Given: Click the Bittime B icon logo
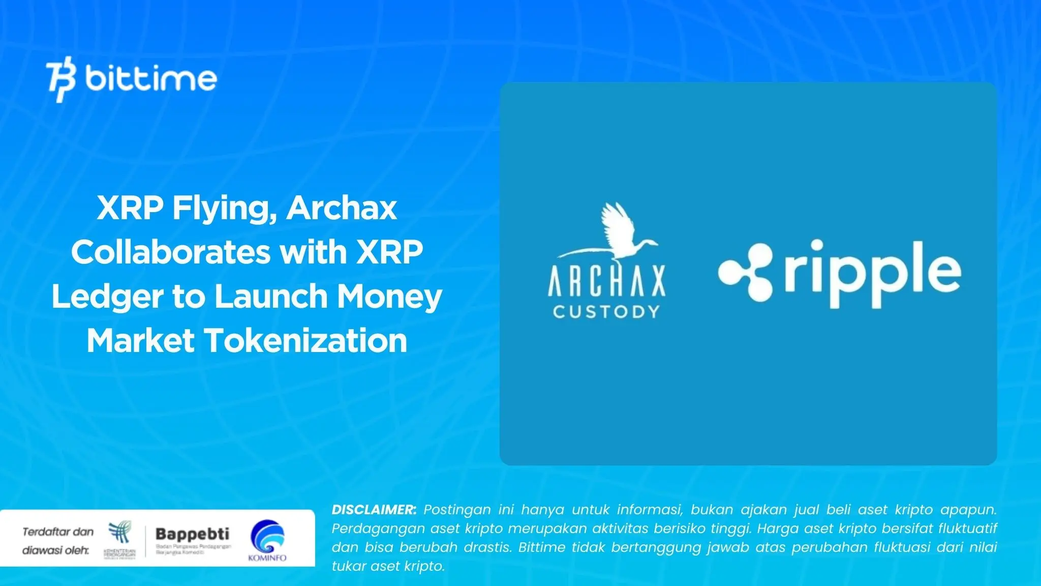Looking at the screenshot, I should click(61, 81).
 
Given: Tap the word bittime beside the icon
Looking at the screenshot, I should click(151, 78).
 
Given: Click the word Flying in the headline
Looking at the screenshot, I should click(224, 209).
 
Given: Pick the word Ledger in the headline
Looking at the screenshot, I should click(107, 297).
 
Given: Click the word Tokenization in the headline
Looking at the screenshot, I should click(305, 340).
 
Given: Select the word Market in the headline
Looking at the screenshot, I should click(140, 340).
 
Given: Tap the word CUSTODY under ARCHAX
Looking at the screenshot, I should click(606, 311).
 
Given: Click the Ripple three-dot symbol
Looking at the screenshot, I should click(745, 272).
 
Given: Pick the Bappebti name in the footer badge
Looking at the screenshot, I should click(192, 534).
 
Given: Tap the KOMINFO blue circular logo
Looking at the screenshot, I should click(267, 538).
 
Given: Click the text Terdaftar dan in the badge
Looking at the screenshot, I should click(58, 532).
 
